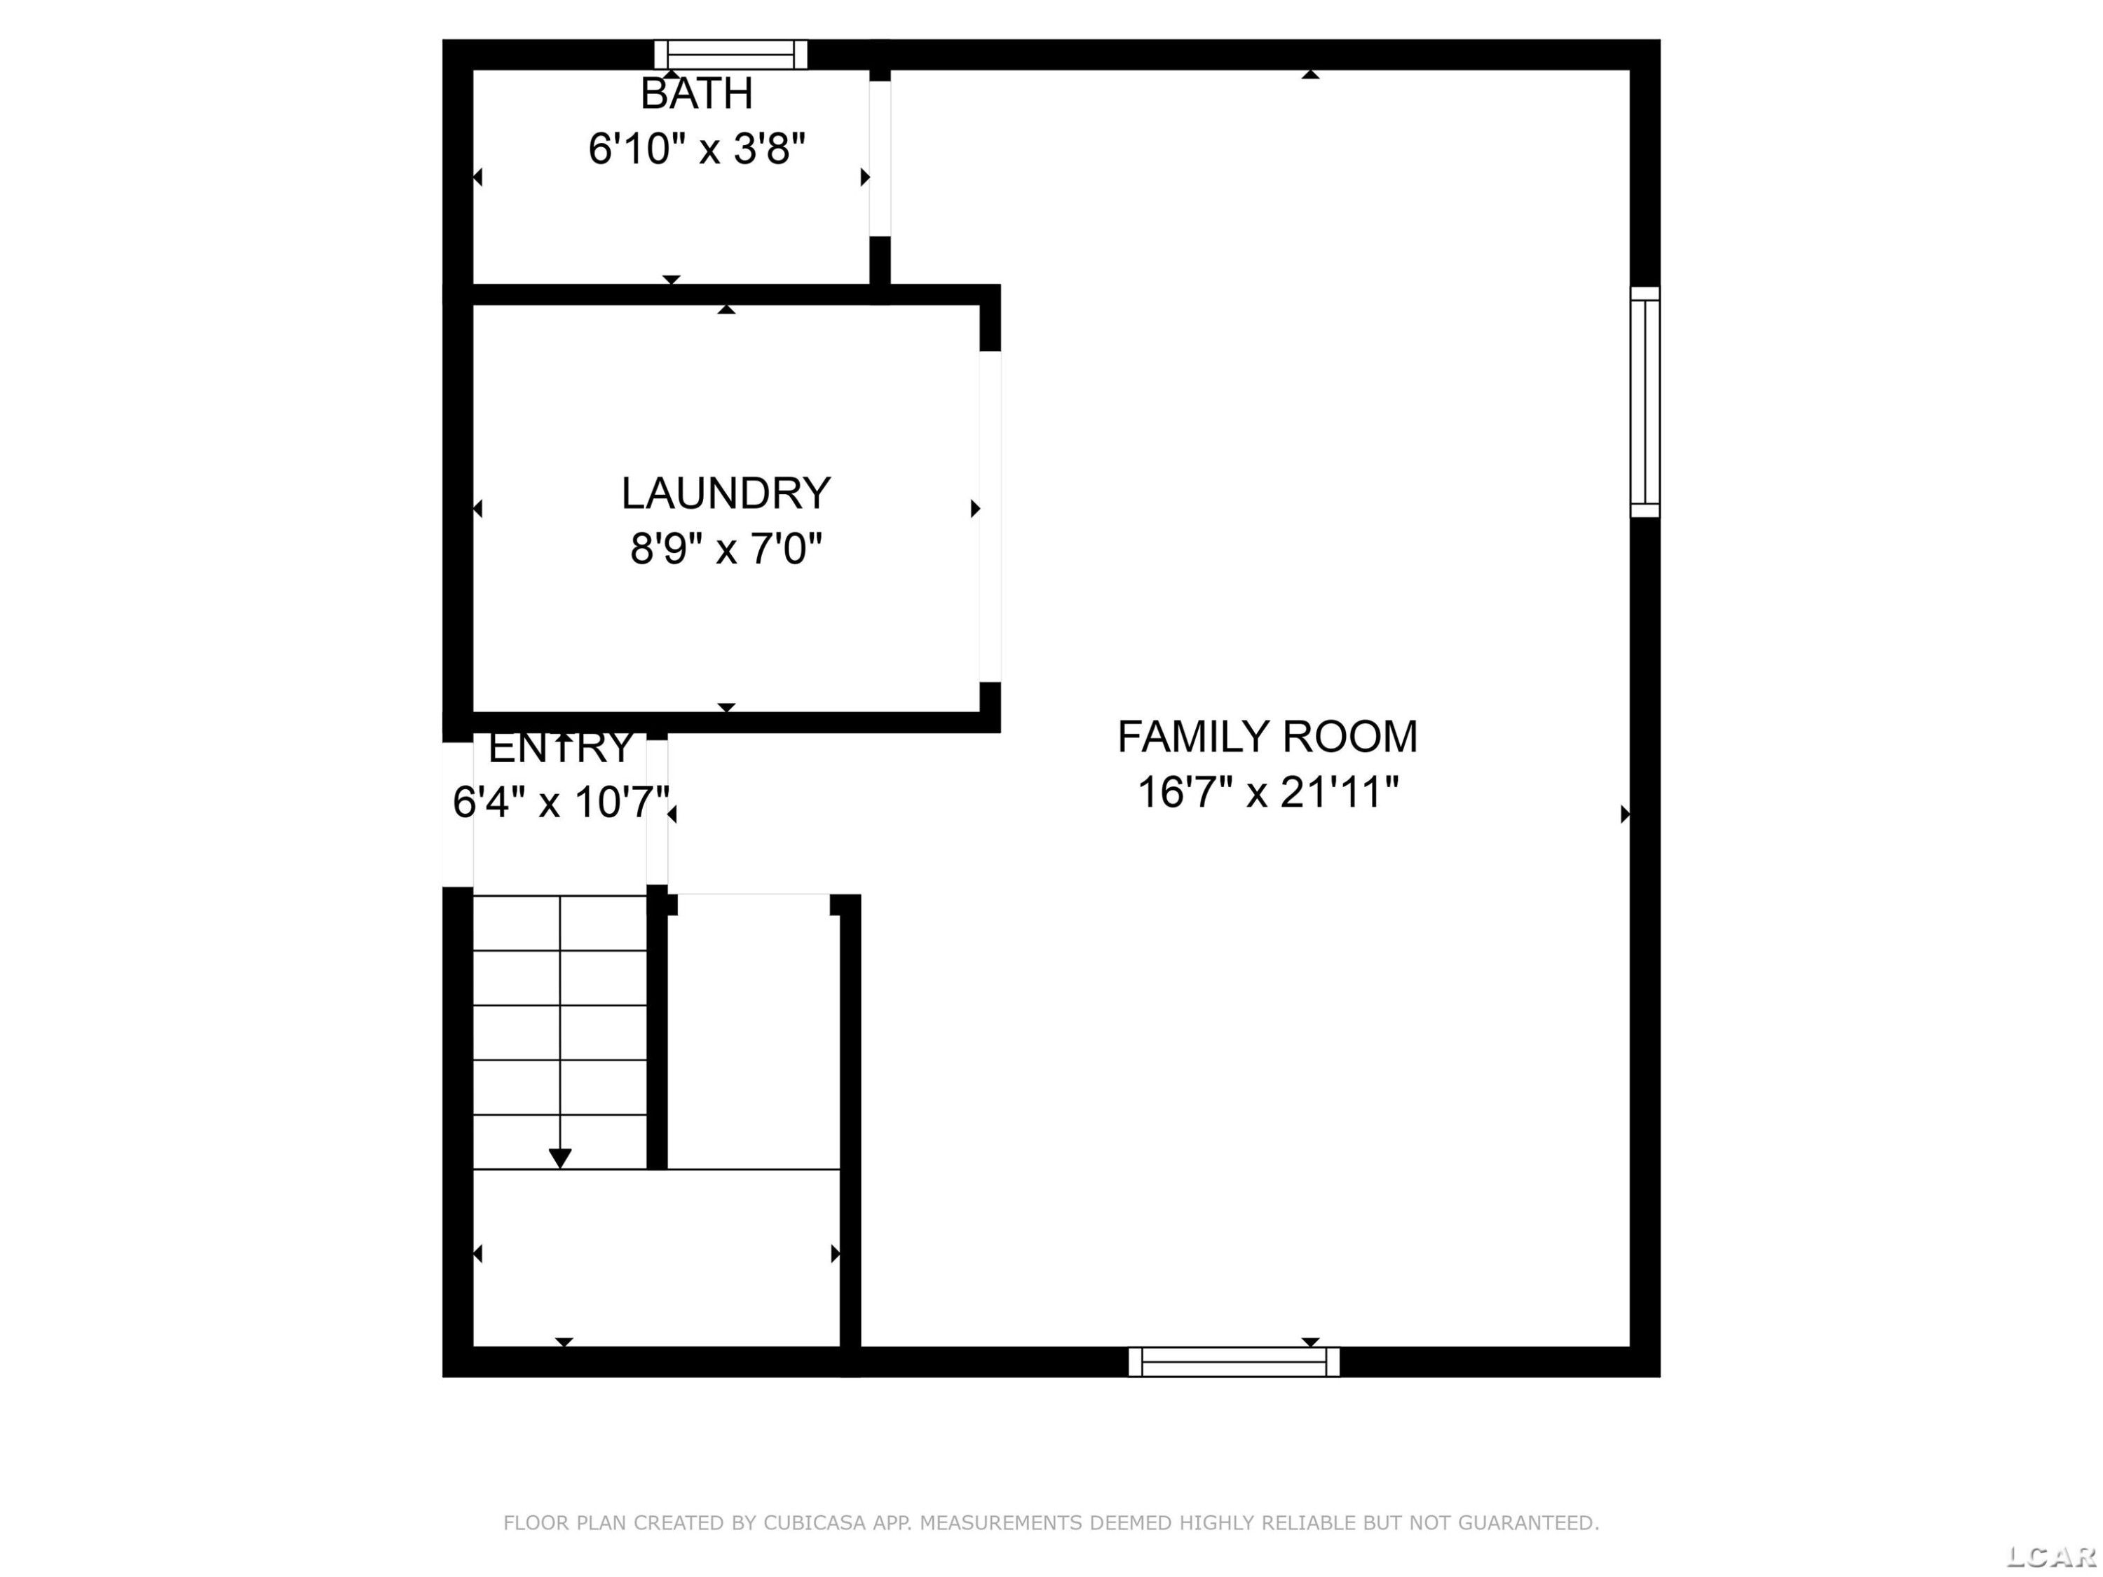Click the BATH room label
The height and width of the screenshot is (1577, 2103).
click(697, 94)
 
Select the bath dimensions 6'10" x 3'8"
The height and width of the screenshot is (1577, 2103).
click(697, 149)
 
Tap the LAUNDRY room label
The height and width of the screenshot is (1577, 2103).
click(726, 493)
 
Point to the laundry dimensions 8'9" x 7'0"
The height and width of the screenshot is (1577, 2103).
click(726, 549)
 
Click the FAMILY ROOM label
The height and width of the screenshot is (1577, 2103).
click(1267, 737)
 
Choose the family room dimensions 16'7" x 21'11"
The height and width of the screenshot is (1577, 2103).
click(1268, 792)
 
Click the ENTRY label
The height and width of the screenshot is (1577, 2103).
click(561, 747)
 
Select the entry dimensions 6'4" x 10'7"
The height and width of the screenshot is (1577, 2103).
click(561, 801)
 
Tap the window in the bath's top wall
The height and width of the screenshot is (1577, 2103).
click(730, 54)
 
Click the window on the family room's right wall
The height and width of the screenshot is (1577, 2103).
click(1645, 402)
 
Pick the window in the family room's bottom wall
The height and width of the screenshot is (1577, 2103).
click(1234, 1362)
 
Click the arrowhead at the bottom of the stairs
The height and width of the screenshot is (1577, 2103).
click(560, 1159)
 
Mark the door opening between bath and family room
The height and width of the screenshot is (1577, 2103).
click(880, 158)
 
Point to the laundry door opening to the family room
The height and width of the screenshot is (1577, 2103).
click(991, 516)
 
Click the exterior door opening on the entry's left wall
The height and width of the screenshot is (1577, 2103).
click(458, 814)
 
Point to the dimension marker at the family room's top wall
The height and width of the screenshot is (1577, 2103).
click(1310, 74)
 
